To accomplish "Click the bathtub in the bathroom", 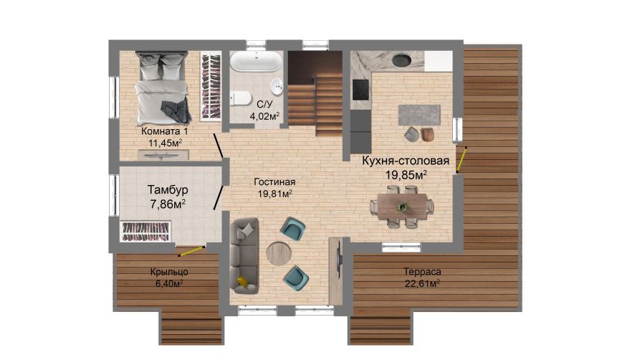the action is pyautogui.click(x=256, y=62).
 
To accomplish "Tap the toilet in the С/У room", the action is pyautogui.click(x=240, y=98).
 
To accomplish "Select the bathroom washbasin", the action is pyautogui.click(x=277, y=85).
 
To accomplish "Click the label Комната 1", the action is pyautogui.click(x=164, y=131).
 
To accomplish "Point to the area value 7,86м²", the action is pyautogui.click(x=168, y=204).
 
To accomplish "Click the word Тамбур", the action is pyautogui.click(x=168, y=189).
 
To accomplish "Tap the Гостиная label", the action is pyautogui.click(x=274, y=182).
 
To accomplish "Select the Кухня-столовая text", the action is pyautogui.click(x=406, y=161).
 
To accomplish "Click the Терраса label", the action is pyautogui.click(x=422, y=272).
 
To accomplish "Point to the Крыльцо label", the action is pyautogui.click(x=169, y=273).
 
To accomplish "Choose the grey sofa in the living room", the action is pyautogui.click(x=244, y=256).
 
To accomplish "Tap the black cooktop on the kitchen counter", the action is pyautogui.click(x=360, y=90).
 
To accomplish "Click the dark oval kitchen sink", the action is pyautogui.click(x=401, y=60).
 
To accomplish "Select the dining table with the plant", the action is pyautogui.click(x=402, y=207).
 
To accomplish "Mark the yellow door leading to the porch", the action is pyautogui.click(x=191, y=251).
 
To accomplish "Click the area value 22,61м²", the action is pyautogui.click(x=422, y=284).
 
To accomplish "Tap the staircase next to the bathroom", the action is pyautogui.click(x=315, y=94).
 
